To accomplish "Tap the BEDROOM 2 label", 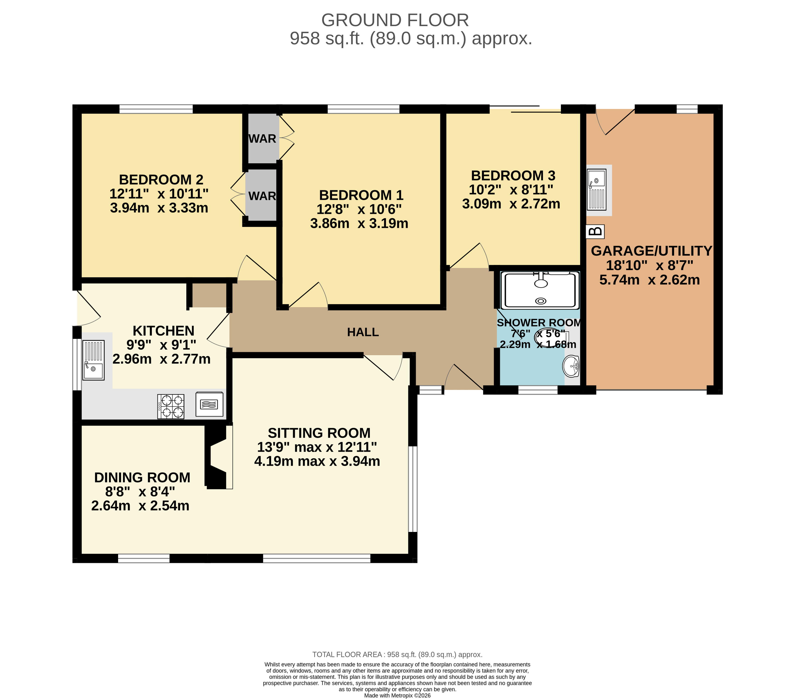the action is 161,180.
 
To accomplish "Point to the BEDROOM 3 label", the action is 513,176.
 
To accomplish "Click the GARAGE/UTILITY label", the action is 652,251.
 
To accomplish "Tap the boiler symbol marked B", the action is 595,232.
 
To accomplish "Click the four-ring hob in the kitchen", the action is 171,406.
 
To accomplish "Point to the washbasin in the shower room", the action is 571,366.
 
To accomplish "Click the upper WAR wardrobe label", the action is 262,139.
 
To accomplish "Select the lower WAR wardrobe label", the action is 262,196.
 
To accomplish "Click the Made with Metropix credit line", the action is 397,696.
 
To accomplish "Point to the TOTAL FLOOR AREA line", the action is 397,655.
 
